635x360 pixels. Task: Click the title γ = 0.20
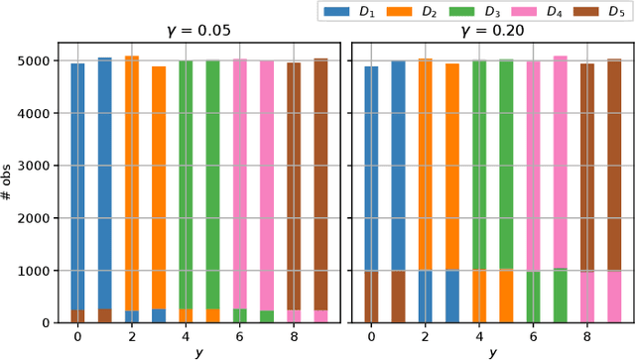pyautogui.click(x=493, y=31)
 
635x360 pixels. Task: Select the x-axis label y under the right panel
pyautogui.click(x=493, y=352)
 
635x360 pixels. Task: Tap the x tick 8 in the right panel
pyautogui.click(x=586, y=336)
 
